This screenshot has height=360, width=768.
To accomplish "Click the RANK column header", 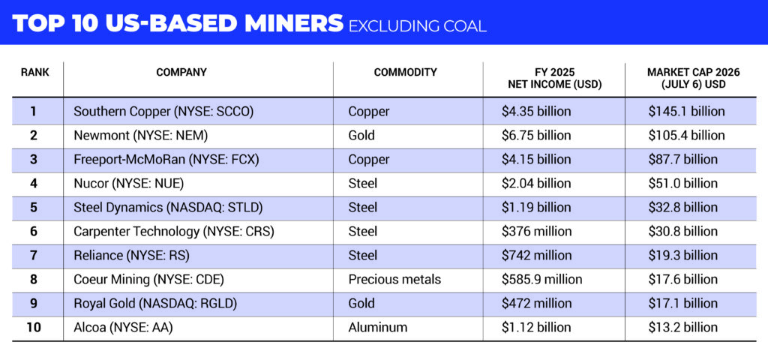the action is tap(34, 73).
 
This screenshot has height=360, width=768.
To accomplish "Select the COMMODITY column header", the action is tap(405, 73).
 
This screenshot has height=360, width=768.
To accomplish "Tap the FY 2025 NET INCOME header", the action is tap(554, 78).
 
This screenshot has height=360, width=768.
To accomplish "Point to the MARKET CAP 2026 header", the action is tap(693, 78).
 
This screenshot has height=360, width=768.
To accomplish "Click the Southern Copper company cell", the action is tap(163, 112).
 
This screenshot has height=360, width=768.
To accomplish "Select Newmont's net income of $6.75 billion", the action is tap(536, 136).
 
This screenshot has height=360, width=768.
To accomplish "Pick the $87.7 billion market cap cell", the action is tap(682, 160).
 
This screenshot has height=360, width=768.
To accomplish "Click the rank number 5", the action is tap(34, 208).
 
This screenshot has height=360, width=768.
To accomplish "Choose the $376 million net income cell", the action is tap(536, 232).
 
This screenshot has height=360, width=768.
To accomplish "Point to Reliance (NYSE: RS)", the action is tap(131, 256).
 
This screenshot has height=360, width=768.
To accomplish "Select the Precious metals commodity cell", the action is tap(394, 280).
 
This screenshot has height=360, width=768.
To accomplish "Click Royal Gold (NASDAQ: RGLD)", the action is tap(155, 304).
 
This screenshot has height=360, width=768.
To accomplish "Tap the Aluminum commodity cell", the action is tap(378, 328).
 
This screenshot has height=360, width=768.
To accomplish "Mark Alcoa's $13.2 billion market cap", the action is tap(682, 328).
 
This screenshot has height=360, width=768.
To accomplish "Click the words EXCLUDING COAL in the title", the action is tap(417, 25).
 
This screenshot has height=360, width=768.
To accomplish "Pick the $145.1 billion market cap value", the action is tap(686, 112).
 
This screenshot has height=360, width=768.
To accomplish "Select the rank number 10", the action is tap(34, 328).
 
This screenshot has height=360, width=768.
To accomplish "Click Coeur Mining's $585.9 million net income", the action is tap(541, 280).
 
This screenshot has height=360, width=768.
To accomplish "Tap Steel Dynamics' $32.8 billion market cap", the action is tap(682, 208).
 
